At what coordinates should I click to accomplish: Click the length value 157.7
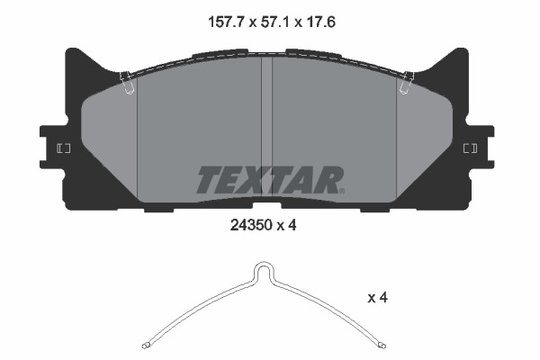(x=217, y=20)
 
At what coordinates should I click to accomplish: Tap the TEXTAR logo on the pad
(x=267, y=179)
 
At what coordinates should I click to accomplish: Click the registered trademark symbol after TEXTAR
(x=341, y=190)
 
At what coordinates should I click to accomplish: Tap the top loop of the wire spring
(x=264, y=268)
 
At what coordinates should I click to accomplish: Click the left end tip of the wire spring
(x=146, y=346)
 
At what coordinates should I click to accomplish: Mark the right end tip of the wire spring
(x=385, y=346)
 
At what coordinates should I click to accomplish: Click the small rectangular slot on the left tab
(x=64, y=148)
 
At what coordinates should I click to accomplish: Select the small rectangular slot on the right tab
(x=469, y=148)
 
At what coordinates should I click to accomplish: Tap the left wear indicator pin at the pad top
(x=128, y=82)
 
